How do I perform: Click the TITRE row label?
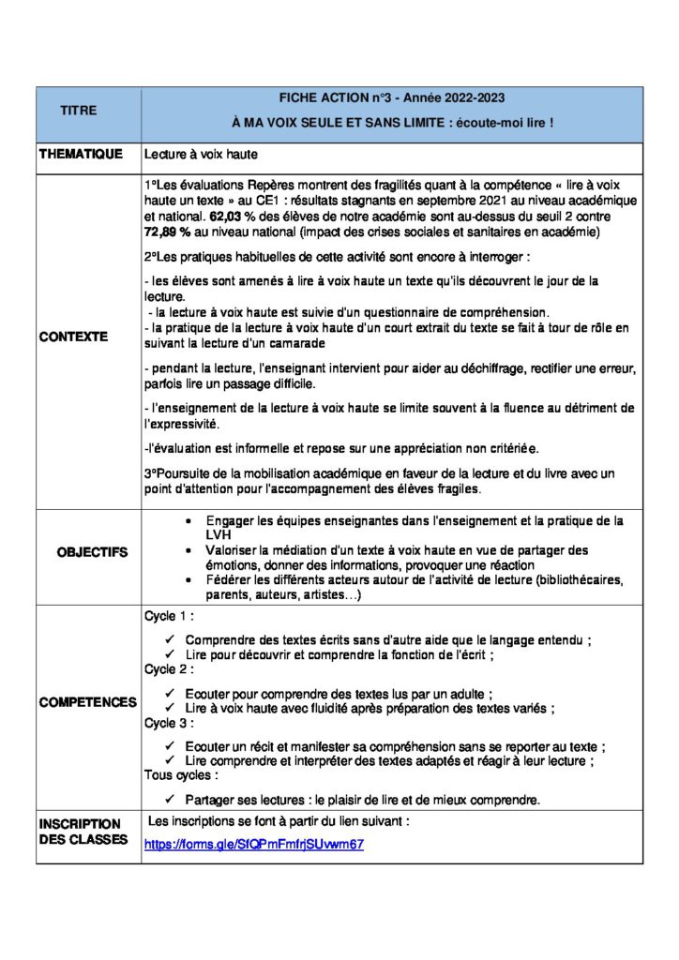tap(79, 111)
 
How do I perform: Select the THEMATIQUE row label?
tap(81, 154)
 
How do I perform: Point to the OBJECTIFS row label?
tap(92, 552)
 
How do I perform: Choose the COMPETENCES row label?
tap(87, 702)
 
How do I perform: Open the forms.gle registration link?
tap(253, 844)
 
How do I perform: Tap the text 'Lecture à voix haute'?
tap(201, 154)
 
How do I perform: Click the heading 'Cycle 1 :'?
tap(169, 616)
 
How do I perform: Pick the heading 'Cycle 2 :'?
tap(169, 669)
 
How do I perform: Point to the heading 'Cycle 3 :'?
tap(169, 723)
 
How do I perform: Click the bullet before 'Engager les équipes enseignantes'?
tap(190, 520)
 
